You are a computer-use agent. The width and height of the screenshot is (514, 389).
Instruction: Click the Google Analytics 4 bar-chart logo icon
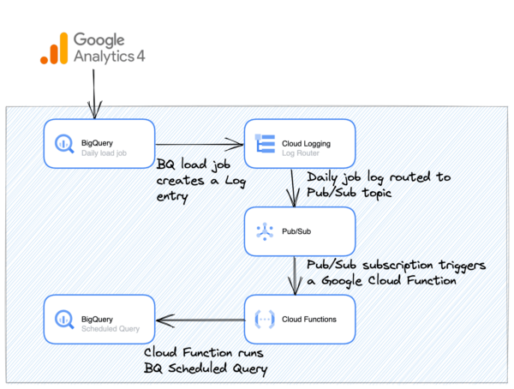pos(54,50)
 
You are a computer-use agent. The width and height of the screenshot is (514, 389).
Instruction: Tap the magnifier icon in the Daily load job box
pos(63,143)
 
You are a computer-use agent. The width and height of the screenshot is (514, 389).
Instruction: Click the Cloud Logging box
pos(299,143)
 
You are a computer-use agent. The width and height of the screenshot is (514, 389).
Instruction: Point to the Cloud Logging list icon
pos(264,143)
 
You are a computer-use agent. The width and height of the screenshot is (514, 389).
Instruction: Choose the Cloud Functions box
pos(299,320)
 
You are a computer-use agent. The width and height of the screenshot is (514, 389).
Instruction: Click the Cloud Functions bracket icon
pos(264,320)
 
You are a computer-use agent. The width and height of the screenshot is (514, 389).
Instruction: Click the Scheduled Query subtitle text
pos(110,327)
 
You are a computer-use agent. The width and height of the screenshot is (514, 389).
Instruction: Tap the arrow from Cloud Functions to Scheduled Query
pos(199,320)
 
